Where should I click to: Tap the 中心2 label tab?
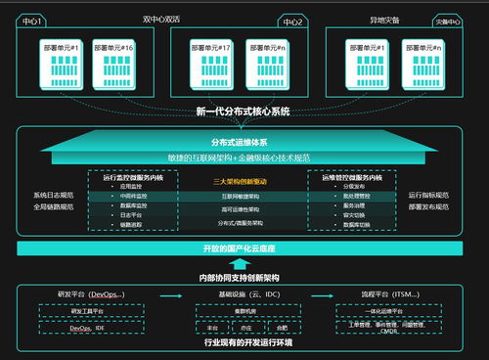(x=290, y=20)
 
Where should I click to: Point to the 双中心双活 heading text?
(x=162, y=18)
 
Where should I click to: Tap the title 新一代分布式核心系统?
(x=243, y=112)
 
